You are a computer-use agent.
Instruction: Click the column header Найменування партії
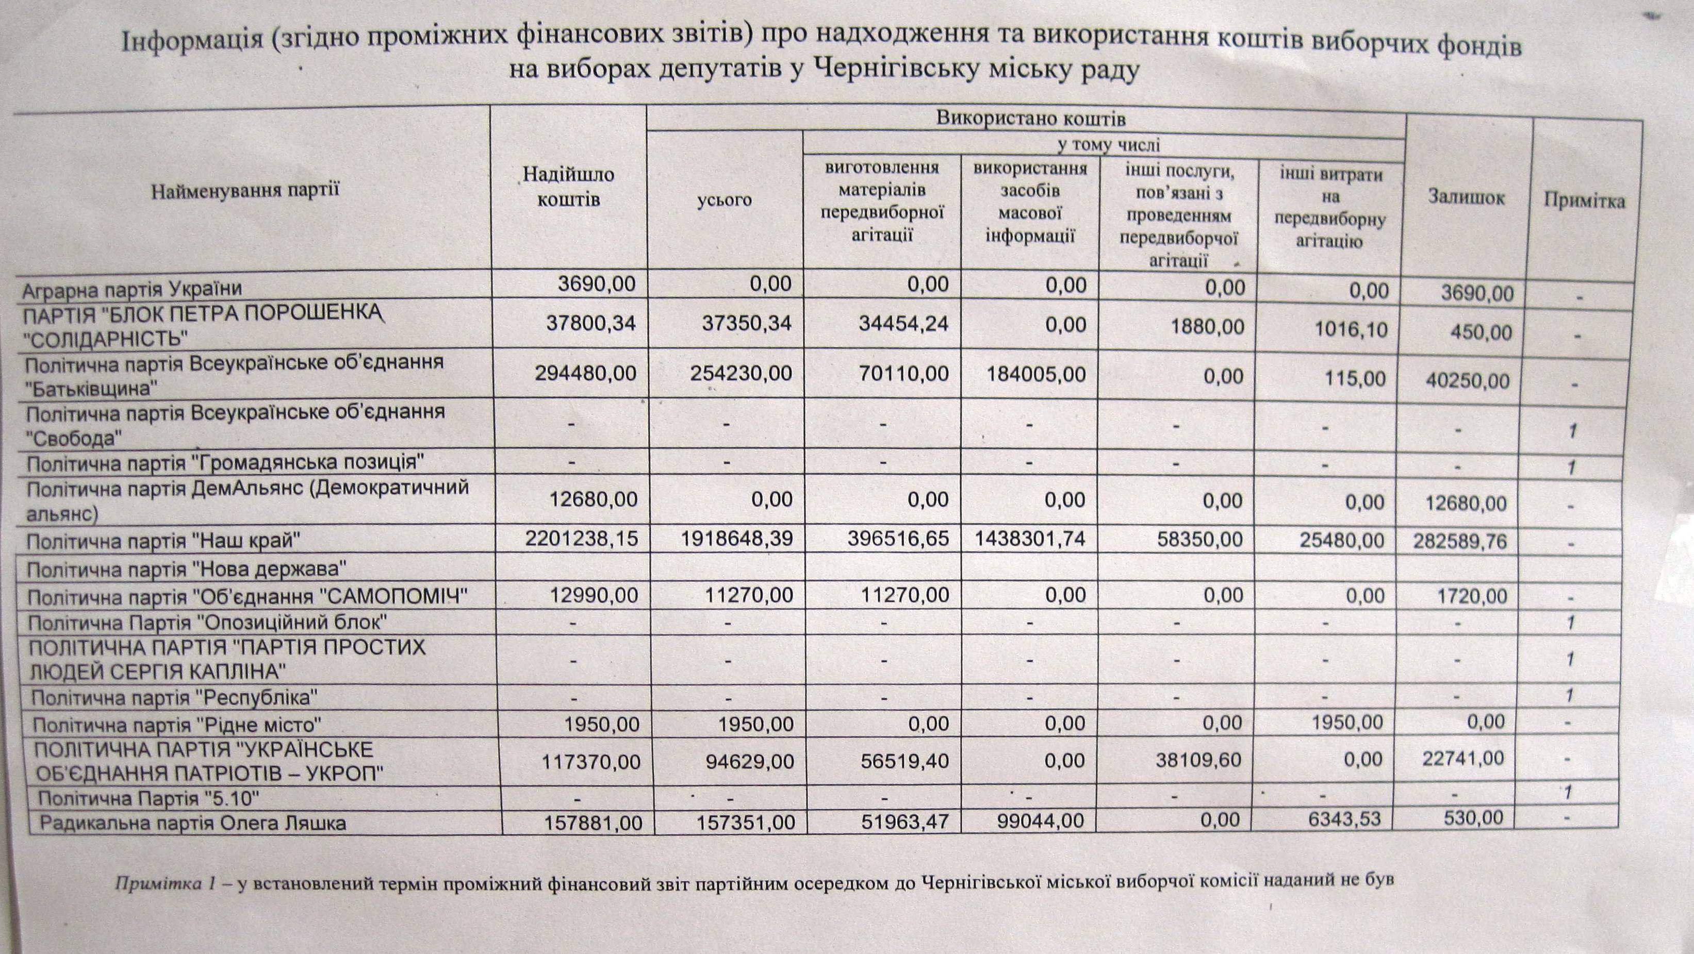pos(245,191)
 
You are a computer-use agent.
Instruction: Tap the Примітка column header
pos(1584,200)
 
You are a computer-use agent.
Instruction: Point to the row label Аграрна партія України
pos(132,289)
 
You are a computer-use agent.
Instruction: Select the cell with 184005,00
pos(1037,374)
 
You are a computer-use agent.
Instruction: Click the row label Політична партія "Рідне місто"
pos(177,725)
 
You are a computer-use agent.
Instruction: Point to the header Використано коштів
pos(1030,119)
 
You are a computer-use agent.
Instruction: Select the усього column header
pos(725,199)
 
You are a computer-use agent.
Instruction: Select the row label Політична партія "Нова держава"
pos(187,567)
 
